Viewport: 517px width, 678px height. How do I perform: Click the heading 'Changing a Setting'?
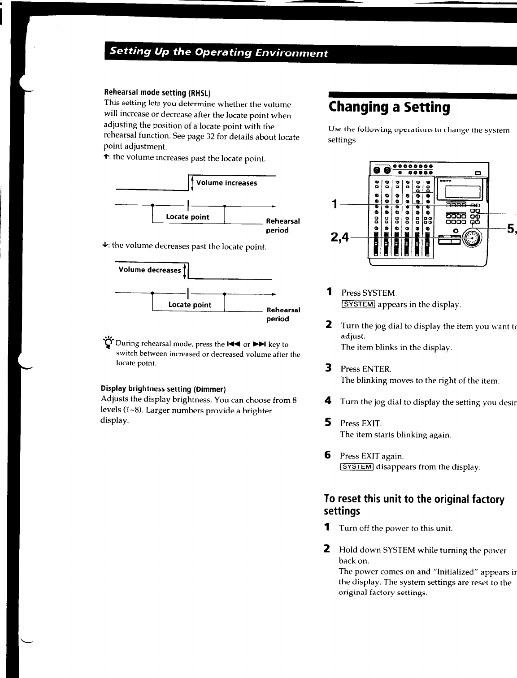389,108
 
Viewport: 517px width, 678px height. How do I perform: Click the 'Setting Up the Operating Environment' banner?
219,52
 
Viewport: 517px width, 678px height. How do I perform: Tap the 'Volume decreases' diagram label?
149,270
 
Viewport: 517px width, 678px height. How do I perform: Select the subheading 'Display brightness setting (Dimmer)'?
163,388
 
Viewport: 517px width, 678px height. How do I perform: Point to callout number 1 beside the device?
334,204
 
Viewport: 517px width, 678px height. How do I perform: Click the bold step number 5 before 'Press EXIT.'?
328,423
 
